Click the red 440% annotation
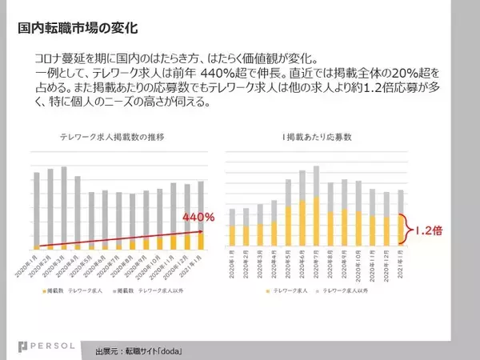click(x=198, y=217)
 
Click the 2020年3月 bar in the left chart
click(x=63, y=208)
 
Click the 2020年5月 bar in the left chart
click(x=91, y=220)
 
